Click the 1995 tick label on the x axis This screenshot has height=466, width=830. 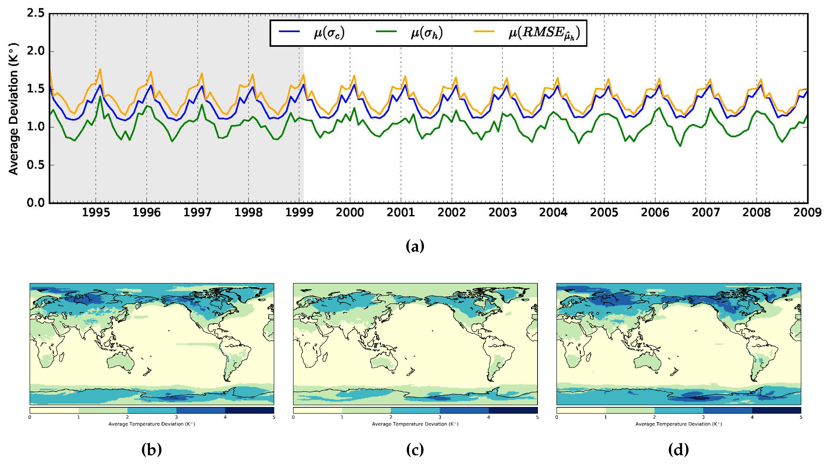[x=96, y=212]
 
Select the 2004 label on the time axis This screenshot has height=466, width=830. [x=553, y=212]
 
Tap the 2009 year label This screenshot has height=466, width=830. [x=807, y=212]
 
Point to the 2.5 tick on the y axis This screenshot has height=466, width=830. [x=35, y=13]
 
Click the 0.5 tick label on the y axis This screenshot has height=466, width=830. [x=35, y=165]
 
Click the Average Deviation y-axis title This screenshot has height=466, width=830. [x=13, y=109]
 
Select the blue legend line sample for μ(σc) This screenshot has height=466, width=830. [x=289, y=31]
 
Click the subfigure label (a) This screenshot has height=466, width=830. [x=415, y=246]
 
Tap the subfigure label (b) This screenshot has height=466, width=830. [x=151, y=449]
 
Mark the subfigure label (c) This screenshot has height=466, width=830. [x=415, y=449]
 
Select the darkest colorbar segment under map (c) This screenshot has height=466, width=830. [x=513, y=410]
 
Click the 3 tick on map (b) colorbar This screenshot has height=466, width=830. [x=176, y=417]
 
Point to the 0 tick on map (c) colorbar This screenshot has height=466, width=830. [x=293, y=417]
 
